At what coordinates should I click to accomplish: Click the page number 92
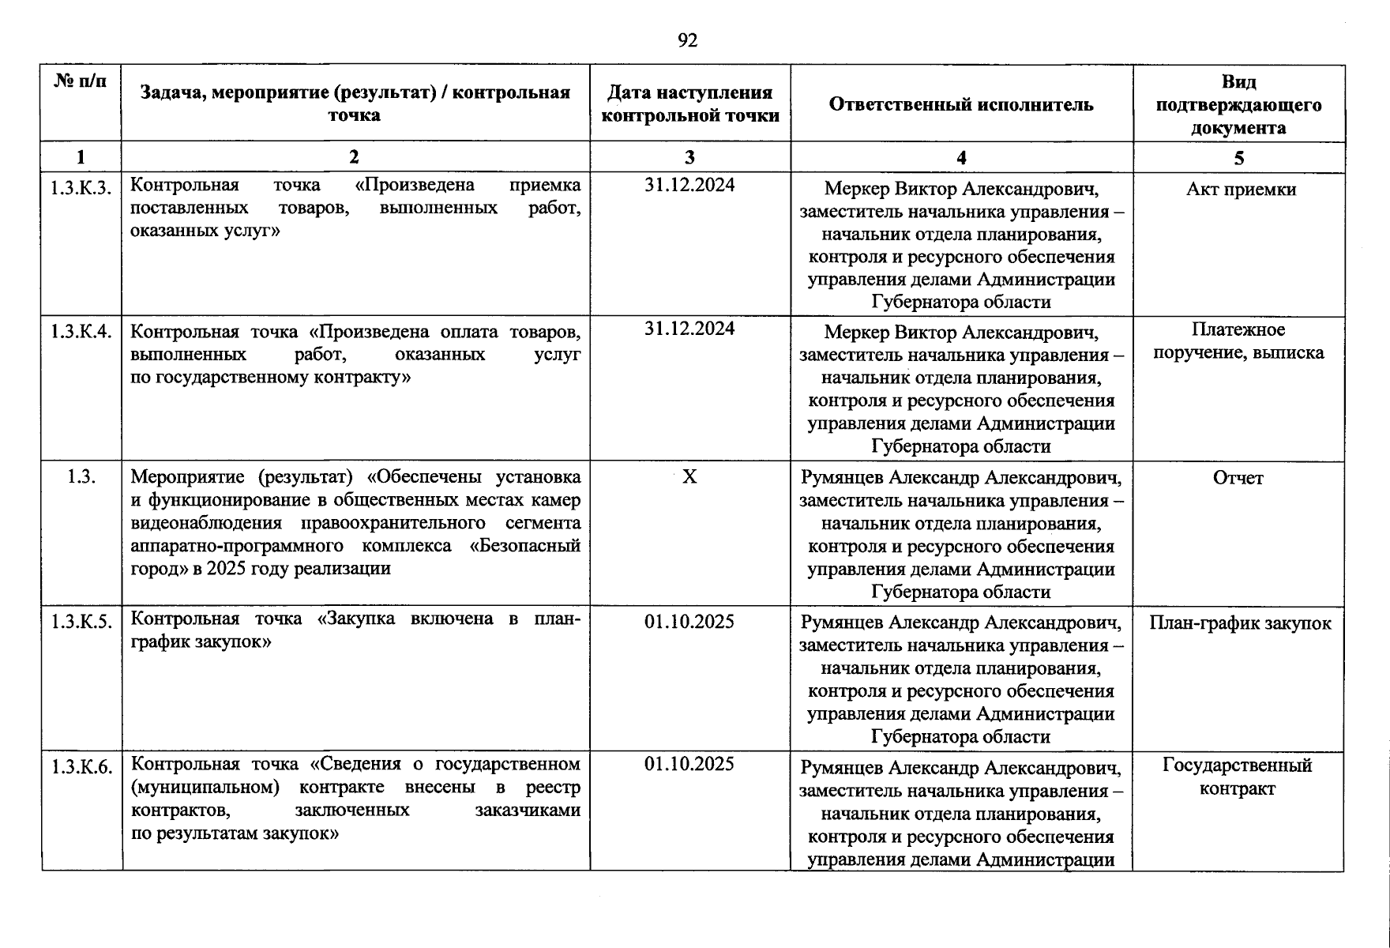pyautogui.click(x=687, y=40)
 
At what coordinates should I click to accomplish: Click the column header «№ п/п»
pyautogui.click(x=81, y=81)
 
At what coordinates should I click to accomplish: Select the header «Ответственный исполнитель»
pyautogui.click(x=961, y=104)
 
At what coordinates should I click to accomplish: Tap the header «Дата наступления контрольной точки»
pyautogui.click(x=689, y=104)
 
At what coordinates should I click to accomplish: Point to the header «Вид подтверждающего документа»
pyautogui.click(x=1238, y=104)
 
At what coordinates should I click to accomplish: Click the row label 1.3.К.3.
pyautogui.click(x=81, y=188)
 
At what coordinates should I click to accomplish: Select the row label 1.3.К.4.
pyautogui.click(x=81, y=332)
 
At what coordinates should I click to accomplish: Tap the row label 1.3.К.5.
pyautogui.click(x=81, y=622)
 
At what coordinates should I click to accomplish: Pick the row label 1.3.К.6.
pyautogui.click(x=81, y=766)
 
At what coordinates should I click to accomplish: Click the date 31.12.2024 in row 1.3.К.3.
pyautogui.click(x=689, y=185)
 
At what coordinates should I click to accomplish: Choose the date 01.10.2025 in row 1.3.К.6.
pyautogui.click(x=689, y=764)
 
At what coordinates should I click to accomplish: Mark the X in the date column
pyautogui.click(x=689, y=476)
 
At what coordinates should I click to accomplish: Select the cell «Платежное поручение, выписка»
pyautogui.click(x=1238, y=341)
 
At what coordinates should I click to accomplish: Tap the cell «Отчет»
pyautogui.click(x=1238, y=478)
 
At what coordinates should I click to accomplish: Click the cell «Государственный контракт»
pyautogui.click(x=1238, y=777)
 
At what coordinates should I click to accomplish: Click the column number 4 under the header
pyautogui.click(x=961, y=157)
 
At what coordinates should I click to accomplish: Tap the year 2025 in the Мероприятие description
pyautogui.click(x=226, y=569)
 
